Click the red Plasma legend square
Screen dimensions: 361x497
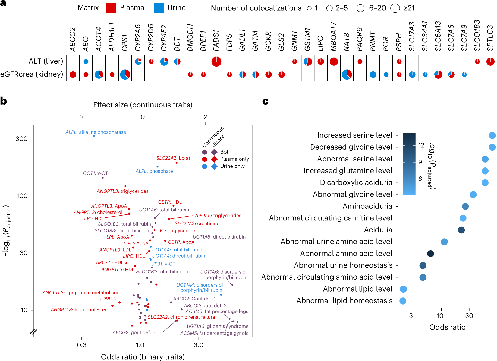(111, 8)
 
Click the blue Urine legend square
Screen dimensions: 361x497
(159, 8)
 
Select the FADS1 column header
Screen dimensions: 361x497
(216, 41)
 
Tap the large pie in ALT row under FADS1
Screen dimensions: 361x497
(216, 62)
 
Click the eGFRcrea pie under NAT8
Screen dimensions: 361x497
(347, 74)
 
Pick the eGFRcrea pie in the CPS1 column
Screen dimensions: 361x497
(125, 74)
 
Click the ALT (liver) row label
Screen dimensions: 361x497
(46, 61)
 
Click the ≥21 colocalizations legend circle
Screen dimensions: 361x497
(395, 8)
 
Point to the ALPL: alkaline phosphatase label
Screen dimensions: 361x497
(96, 132)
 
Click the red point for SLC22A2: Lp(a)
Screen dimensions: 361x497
(177, 163)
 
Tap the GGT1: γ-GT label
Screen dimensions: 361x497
(95, 173)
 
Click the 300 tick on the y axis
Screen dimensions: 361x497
(22, 139)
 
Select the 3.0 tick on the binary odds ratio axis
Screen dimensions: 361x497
(199, 345)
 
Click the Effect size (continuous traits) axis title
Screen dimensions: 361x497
(143, 105)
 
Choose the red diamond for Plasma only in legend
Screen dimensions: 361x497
(214, 159)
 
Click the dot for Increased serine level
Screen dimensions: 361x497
(492, 135)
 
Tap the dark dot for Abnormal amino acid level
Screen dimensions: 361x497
(430, 254)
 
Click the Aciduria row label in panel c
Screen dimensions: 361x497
(378, 230)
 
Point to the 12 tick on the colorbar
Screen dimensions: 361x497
(421, 145)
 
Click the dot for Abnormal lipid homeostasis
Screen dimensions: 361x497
(403, 301)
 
